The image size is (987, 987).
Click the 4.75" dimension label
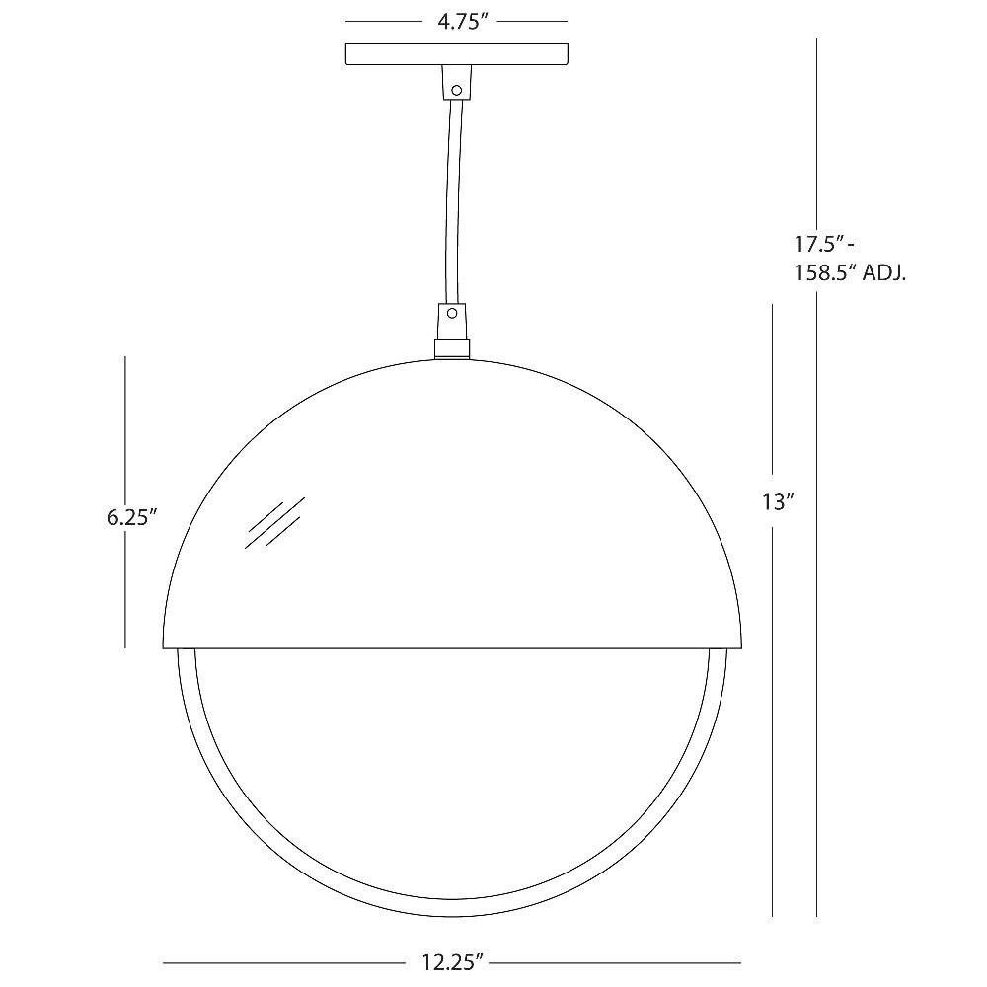(463, 22)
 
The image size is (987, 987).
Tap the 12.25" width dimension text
(452, 961)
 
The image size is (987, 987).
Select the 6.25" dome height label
(131, 518)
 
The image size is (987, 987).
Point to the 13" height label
(778, 501)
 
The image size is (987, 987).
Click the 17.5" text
(819, 243)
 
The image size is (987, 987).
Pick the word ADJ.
(883, 273)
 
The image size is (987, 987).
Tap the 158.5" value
(824, 273)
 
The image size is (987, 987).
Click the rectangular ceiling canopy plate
(457, 53)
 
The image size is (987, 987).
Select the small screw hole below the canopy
(457, 90)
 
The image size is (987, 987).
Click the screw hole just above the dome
(451, 313)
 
